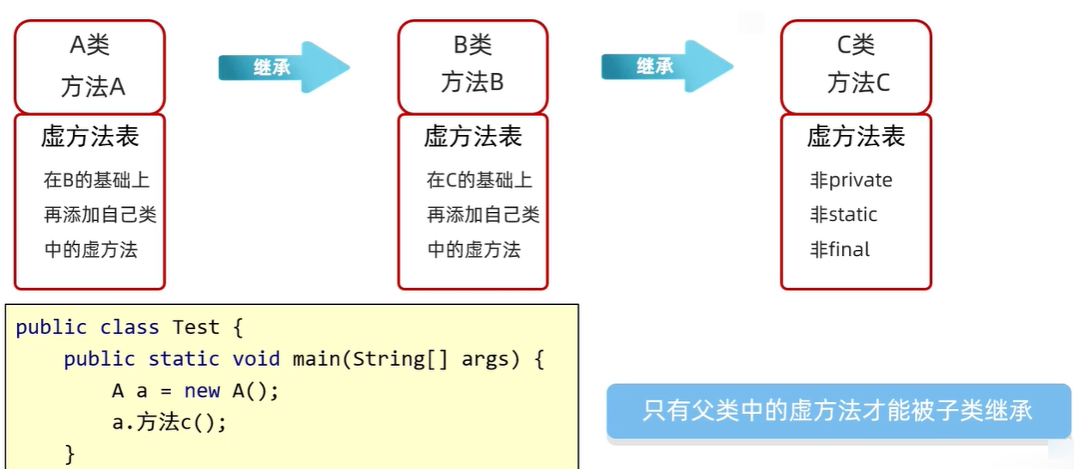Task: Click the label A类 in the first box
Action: [x=89, y=45]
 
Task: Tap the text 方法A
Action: [x=92, y=86]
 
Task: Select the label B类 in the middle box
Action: [x=473, y=44]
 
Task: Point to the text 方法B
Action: [x=473, y=82]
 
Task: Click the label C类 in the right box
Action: [x=856, y=44]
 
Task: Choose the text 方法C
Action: [x=858, y=82]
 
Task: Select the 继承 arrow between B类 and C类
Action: [x=665, y=66]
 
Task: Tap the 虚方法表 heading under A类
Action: [x=89, y=137]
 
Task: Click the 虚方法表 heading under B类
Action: [x=473, y=137]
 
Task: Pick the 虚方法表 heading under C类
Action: [x=856, y=137]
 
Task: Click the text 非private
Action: [x=851, y=180]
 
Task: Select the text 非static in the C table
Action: [x=843, y=215]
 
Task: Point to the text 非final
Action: [x=839, y=250]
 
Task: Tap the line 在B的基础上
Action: [x=96, y=180]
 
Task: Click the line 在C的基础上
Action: [x=479, y=180]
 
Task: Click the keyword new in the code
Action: [x=202, y=391]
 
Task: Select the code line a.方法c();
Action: [x=169, y=423]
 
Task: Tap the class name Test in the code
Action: [x=196, y=327]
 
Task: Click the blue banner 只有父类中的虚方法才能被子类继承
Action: [x=838, y=411]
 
